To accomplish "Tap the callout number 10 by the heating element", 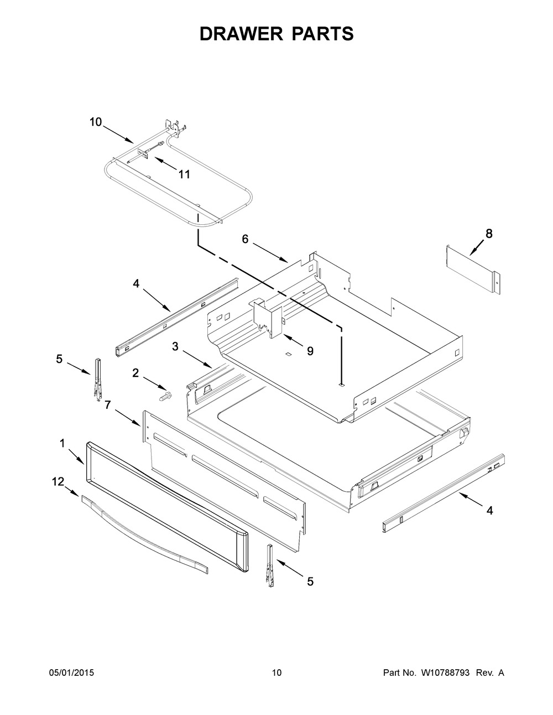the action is pyautogui.click(x=96, y=122).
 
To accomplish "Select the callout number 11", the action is pyautogui.click(x=184, y=174).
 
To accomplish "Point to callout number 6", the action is pyautogui.click(x=245, y=239).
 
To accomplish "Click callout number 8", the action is pyautogui.click(x=489, y=234).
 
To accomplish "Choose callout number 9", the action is pyautogui.click(x=310, y=351).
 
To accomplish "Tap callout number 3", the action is pyautogui.click(x=175, y=346).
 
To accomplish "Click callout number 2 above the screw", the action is pyautogui.click(x=135, y=373).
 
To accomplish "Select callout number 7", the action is pyautogui.click(x=108, y=405).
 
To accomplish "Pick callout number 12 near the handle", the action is pyautogui.click(x=58, y=482).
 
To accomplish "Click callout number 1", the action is pyautogui.click(x=62, y=444).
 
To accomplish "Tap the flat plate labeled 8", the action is pyautogui.click(x=473, y=270).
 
